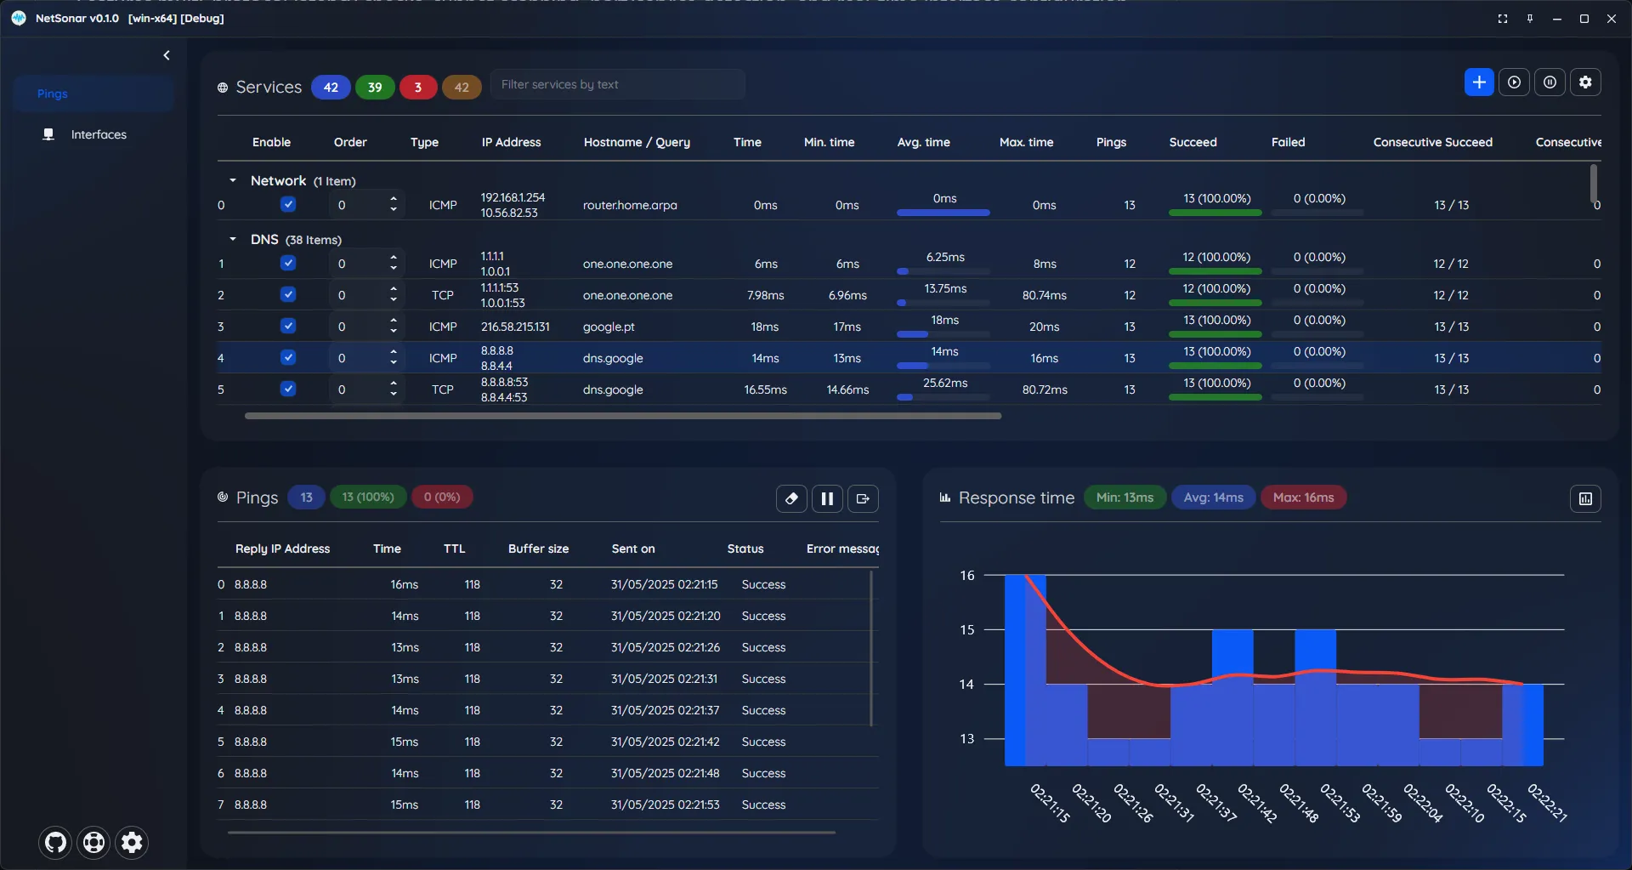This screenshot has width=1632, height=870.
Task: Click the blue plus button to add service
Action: pyautogui.click(x=1479, y=82)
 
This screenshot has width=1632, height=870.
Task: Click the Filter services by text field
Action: pyautogui.click(x=618, y=84)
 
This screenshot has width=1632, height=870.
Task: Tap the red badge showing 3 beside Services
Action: pyautogui.click(x=417, y=87)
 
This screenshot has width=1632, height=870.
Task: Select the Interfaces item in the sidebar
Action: pyautogui.click(x=98, y=134)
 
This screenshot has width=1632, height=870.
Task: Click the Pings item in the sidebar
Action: pyautogui.click(x=52, y=94)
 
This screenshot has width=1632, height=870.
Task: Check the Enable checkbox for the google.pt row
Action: pyautogui.click(x=288, y=326)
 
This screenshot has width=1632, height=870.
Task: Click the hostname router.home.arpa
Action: pyautogui.click(x=630, y=205)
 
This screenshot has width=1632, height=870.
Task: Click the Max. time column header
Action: pyautogui.click(x=1026, y=142)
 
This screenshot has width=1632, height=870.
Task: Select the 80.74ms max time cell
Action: pyautogui.click(x=1044, y=295)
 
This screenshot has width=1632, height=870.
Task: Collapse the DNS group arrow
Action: pyautogui.click(x=232, y=239)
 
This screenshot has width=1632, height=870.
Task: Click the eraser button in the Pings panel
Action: pyautogui.click(x=791, y=498)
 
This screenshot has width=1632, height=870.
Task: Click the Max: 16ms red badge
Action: pyautogui.click(x=1303, y=498)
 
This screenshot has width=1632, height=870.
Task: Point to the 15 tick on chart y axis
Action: pyautogui.click(x=967, y=630)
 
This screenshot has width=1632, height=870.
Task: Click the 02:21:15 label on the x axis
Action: pyautogui.click(x=1050, y=803)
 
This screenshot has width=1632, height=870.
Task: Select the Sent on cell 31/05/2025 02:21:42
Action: pyautogui.click(x=665, y=742)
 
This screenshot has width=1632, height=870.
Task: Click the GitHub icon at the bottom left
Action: pyautogui.click(x=55, y=842)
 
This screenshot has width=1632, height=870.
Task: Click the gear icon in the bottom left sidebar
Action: pyautogui.click(x=132, y=842)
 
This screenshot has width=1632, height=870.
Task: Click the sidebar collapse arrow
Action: pyautogui.click(x=167, y=55)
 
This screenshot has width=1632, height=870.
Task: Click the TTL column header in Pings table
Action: pyautogui.click(x=454, y=549)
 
